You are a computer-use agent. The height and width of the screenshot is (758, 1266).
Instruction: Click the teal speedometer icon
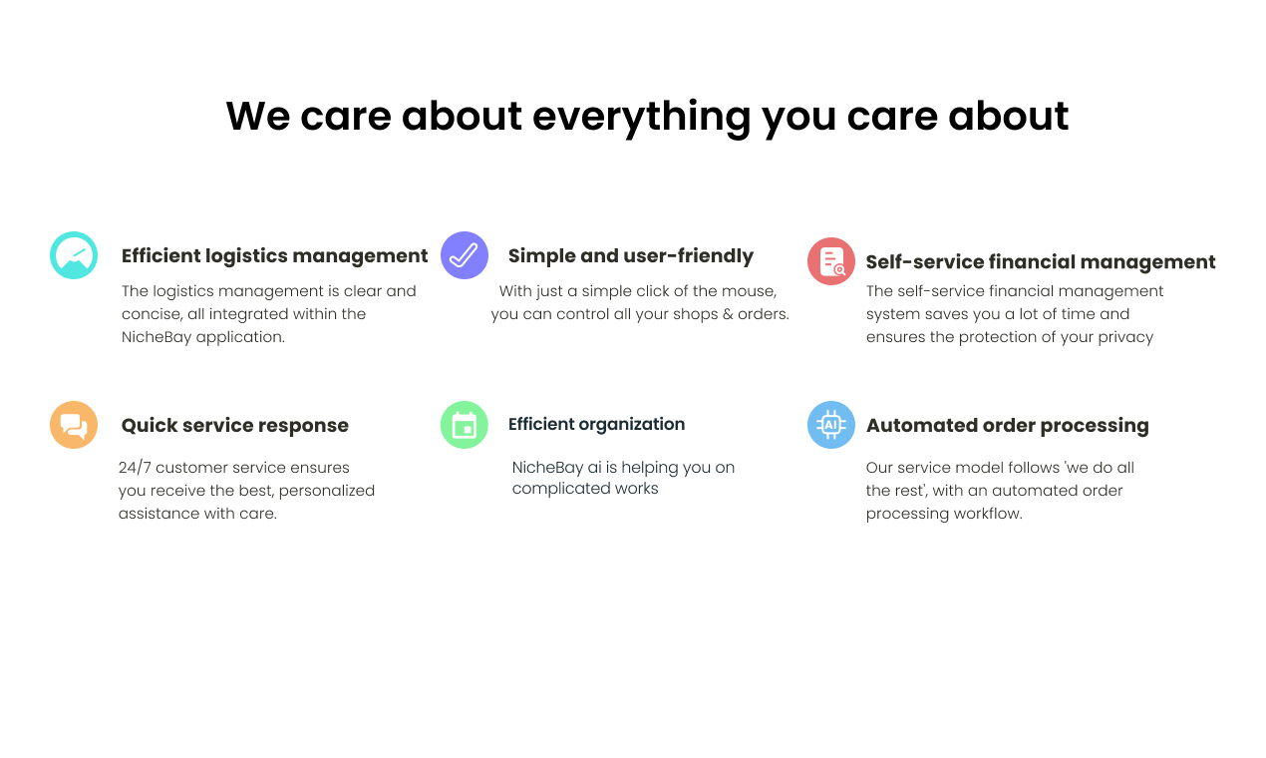74,255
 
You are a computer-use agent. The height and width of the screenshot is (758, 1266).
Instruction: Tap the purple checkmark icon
464,255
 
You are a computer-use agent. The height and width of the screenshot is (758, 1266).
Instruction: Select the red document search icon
830,261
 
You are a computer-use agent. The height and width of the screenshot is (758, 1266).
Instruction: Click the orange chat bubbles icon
74,425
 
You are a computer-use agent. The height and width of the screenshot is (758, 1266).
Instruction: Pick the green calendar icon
464,425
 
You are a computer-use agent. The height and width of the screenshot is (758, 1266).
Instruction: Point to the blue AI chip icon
830,425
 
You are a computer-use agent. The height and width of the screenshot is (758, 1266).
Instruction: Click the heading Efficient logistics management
275,256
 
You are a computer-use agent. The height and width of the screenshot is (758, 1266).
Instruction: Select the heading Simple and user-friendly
631,256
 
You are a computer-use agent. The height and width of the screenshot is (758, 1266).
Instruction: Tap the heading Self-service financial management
1041,262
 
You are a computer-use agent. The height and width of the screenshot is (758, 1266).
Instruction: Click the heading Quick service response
235,426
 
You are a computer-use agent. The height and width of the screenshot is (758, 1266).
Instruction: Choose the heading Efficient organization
596,424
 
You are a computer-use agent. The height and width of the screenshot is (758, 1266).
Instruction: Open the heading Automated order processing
1007,426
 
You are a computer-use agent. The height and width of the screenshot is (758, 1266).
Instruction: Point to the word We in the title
258,116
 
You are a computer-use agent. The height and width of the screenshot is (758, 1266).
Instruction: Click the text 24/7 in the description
135,468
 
